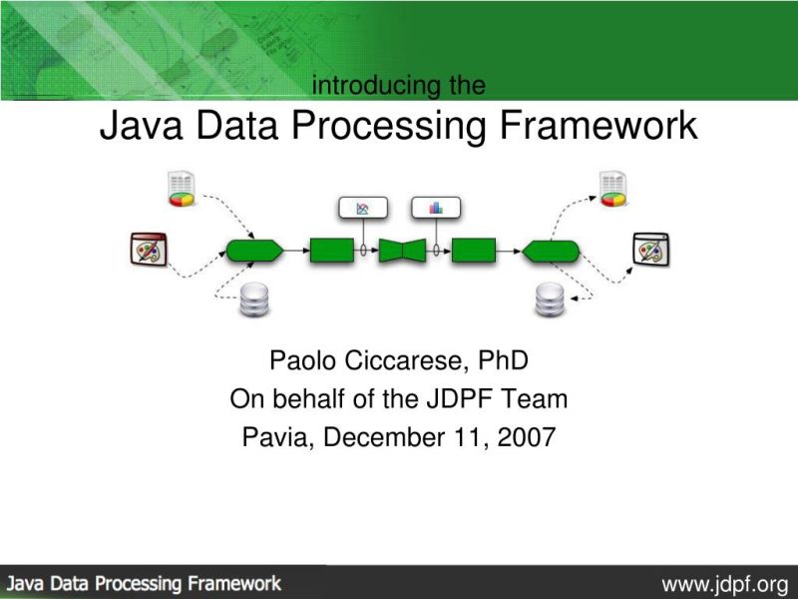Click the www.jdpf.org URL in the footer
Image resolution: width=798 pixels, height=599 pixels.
tap(724, 582)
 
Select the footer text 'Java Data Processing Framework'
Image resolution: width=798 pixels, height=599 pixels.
tap(146, 582)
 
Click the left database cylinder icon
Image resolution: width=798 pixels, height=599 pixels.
tap(254, 299)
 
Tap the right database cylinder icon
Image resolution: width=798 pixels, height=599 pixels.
tap(550, 299)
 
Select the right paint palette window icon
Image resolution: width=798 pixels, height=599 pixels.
tap(650, 248)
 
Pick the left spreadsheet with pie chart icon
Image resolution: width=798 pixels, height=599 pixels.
tap(181, 189)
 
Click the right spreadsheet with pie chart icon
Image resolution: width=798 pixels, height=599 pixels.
tap(612, 189)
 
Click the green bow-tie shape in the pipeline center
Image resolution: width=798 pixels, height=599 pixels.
tap(402, 250)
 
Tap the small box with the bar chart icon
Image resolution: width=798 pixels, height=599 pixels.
tap(435, 208)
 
